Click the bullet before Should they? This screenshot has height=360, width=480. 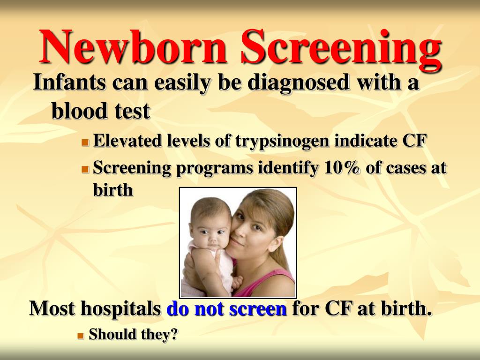(81, 336)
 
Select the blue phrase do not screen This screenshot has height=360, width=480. (226, 309)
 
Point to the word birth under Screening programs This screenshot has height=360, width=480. (113, 190)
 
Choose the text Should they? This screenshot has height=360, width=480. (134, 335)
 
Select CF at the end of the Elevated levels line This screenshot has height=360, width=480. (414, 141)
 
